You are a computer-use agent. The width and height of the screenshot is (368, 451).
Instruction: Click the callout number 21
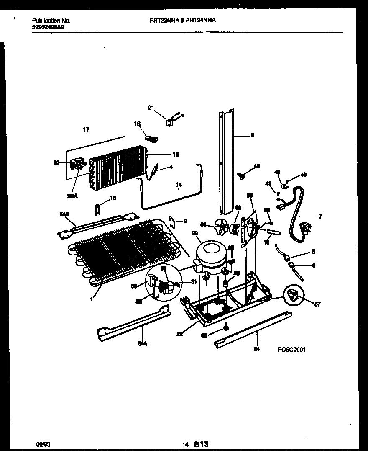(151, 108)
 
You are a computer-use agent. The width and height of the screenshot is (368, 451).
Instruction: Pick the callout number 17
(86, 130)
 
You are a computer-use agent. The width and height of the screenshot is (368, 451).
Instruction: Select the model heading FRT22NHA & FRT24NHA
(183, 20)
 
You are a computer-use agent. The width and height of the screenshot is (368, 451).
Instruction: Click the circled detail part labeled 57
(294, 296)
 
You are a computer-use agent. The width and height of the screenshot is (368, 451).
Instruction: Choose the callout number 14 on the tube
(179, 184)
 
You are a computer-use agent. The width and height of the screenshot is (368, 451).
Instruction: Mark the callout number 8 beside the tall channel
(252, 135)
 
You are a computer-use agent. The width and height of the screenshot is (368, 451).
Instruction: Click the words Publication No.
(51, 20)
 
